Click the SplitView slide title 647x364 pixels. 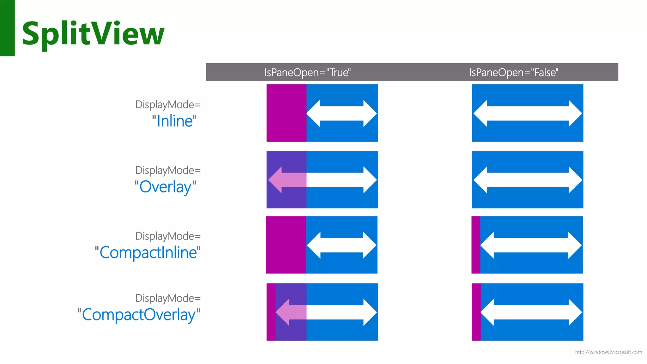tap(93, 33)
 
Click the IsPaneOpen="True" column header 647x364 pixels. tap(307, 72)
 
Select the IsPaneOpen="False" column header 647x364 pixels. tap(513, 72)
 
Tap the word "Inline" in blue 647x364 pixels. tap(174, 121)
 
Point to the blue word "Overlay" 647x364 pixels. tap(166, 187)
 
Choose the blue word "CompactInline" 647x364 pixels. tap(148, 253)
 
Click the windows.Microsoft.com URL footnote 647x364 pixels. tap(608, 352)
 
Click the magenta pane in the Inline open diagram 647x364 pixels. tap(286, 113)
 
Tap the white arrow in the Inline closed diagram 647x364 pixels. tap(528, 113)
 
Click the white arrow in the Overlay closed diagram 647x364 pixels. tap(528, 179)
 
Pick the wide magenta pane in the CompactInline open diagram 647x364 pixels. tap(286, 245)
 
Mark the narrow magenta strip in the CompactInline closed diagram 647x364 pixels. tap(476, 245)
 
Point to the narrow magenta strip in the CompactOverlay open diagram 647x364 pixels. tap(271, 312)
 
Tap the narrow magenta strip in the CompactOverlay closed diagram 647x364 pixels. tap(476, 312)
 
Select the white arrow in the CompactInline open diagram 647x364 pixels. tap(342, 245)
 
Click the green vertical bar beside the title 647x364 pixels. tap(7, 28)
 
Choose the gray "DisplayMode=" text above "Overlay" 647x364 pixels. tap(168, 170)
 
